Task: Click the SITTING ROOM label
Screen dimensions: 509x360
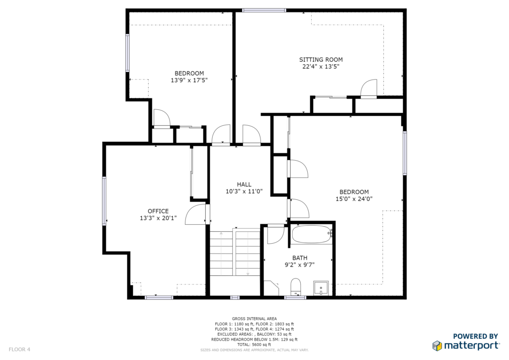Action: (x=321, y=60)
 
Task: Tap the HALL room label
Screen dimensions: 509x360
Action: (x=244, y=184)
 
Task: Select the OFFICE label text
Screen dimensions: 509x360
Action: (x=158, y=211)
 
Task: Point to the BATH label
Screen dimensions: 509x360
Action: (x=300, y=258)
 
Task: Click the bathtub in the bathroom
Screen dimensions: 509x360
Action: (x=312, y=235)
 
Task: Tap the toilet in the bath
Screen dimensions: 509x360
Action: (x=296, y=286)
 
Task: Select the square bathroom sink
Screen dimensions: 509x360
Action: (x=321, y=288)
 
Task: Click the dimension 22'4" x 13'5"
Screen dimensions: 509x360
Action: (x=321, y=67)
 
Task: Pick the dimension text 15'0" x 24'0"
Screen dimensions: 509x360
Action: (x=354, y=199)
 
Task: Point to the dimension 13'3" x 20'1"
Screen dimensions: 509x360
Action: (x=158, y=218)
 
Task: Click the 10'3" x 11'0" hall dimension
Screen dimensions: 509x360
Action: (x=244, y=191)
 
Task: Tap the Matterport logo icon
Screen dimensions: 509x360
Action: (x=437, y=346)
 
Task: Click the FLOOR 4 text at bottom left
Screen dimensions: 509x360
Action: (x=19, y=349)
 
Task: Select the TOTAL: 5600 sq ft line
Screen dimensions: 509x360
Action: (x=254, y=345)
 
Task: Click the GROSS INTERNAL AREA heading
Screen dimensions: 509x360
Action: (x=254, y=319)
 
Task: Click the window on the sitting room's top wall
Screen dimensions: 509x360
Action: (x=264, y=10)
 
